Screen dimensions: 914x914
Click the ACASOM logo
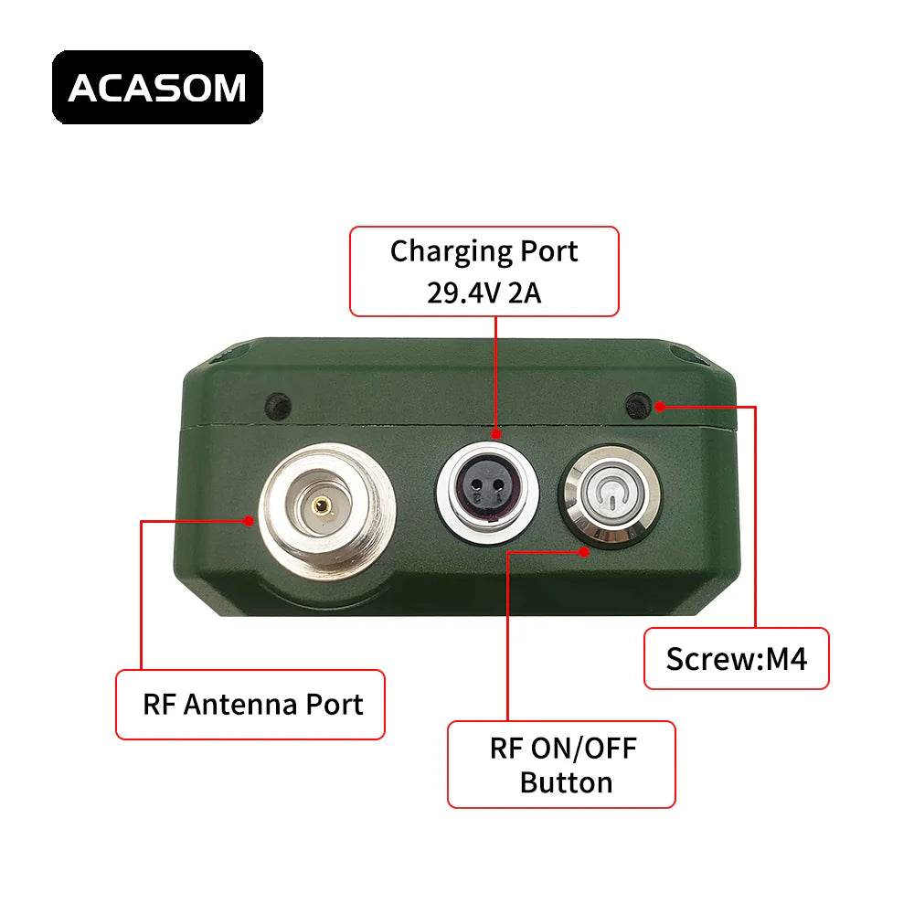tap(157, 88)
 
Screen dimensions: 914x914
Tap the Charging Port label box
tap(484, 271)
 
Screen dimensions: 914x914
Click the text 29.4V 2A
tap(484, 292)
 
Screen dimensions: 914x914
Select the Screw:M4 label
tap(737, 658)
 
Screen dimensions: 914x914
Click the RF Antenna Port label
tap(250, 705)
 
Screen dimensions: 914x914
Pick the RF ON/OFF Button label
tap(561, 764)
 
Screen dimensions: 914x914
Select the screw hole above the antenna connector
tap(277, 403)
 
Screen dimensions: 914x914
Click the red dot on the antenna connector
tap(249, 521)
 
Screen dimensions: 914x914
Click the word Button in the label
tap(566, 782)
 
